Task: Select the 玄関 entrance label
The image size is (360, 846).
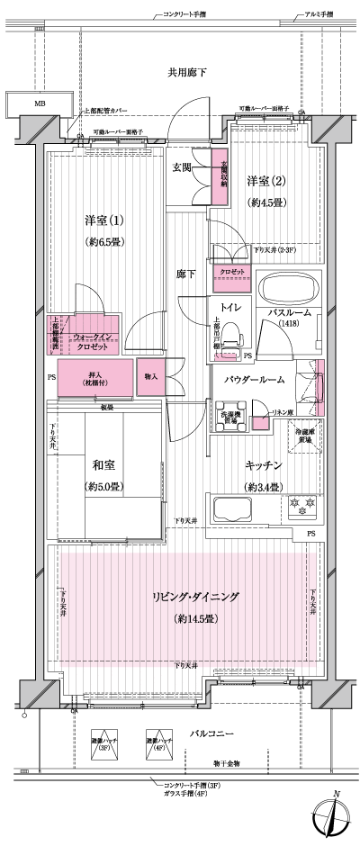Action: (184, 167)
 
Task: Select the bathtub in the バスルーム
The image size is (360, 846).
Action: (289, 291)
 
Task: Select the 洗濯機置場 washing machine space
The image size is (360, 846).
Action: (230, 418)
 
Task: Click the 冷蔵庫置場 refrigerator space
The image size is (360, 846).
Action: (306, 436)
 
